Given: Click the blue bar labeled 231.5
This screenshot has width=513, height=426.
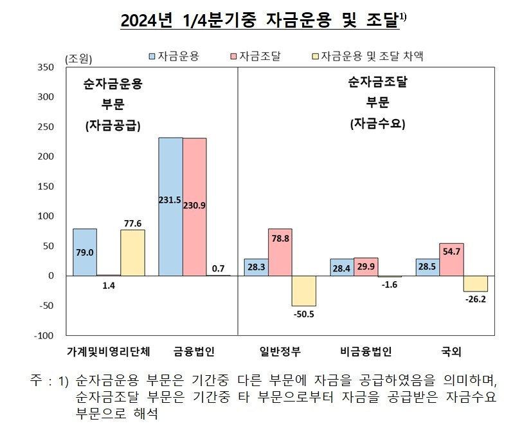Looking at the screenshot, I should (x=170, y=207).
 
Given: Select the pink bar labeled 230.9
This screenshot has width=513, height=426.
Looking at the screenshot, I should (x=195, y=207).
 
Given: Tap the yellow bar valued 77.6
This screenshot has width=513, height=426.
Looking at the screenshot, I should (x=132, y=252).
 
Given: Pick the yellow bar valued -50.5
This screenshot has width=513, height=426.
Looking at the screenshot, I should (x=303, y=291).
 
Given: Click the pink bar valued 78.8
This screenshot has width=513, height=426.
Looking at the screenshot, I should (x=279, y=252).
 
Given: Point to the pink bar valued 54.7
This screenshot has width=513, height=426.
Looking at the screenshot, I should (x=451, y=259).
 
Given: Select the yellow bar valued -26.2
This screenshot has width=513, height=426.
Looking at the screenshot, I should (x=475, y=283).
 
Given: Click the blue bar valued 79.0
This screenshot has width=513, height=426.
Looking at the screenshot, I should (x=85, y=252).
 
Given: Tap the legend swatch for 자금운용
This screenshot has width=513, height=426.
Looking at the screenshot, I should (x=152, y=57).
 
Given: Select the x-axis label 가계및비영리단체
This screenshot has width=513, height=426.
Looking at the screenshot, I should (x=108, y=351).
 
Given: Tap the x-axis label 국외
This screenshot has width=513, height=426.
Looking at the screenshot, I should (x=451, y=351).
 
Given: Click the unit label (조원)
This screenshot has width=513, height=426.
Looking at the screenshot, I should (x=79, y=59).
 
